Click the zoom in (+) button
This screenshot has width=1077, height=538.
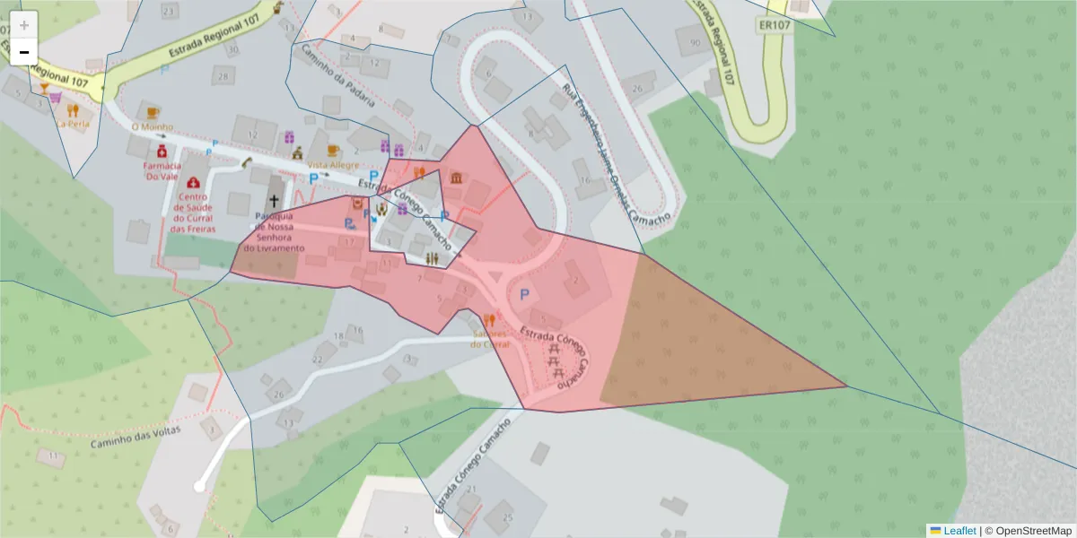coord(24,24)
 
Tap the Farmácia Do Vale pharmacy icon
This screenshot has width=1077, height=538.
coord(162,153)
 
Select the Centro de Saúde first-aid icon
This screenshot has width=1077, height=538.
coord(193,182)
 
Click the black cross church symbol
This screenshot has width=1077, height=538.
coord(274,202)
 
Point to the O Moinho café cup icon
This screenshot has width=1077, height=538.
coord(152,112)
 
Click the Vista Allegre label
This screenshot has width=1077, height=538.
coord(333,165)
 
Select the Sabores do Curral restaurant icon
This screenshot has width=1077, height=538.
coord(489,319)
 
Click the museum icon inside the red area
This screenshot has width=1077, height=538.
coord(456,178)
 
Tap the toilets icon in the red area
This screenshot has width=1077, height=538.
coord(433,258)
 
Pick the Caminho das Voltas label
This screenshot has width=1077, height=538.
coord(135,437)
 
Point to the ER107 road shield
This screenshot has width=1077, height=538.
coord(774,25)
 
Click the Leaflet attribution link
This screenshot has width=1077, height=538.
coord(959,530)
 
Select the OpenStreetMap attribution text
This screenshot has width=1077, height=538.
coord(1033,530)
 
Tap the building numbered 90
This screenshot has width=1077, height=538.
coord(695,42)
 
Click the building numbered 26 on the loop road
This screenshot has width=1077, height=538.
coord(636,88)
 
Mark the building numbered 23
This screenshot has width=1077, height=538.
coord(168,11)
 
